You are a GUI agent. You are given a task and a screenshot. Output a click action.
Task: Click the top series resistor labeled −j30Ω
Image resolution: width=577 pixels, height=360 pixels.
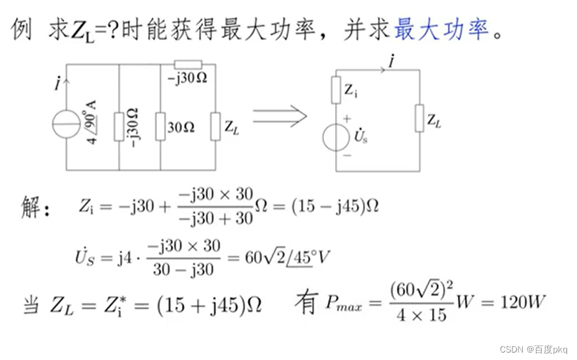click(x=188, y=64)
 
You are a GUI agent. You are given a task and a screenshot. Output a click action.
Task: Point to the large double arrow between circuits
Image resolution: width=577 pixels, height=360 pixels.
click(x=280, y=116)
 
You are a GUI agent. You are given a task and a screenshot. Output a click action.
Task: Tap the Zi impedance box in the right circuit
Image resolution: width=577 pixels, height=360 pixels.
click(x=336, y=90)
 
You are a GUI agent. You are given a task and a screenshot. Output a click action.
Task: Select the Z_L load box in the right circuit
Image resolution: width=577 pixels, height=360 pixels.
click(x=420, y=118)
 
